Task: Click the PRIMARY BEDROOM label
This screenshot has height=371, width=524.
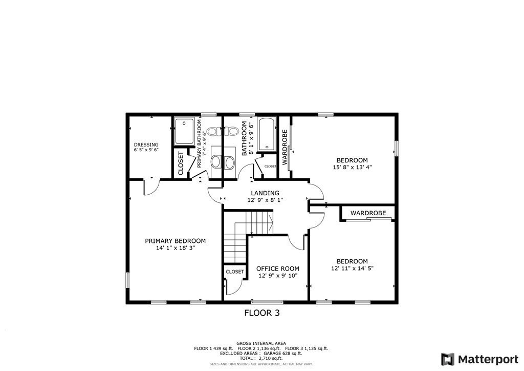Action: pos(175,241)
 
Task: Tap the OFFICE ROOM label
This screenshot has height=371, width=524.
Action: pos(277,269)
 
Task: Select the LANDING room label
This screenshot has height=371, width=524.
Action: pos(265,193)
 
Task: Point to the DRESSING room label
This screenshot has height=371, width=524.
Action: pos(146,145)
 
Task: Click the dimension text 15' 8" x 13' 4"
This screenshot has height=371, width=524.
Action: pos(352,167)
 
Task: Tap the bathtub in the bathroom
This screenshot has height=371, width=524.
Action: pos(267,135)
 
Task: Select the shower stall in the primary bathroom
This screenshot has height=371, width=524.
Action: pos(184,132)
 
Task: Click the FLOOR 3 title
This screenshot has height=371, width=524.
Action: pos(261,313)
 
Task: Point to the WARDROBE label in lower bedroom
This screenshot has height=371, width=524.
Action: pos(367,213)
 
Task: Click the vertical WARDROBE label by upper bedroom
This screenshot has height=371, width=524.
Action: pos(285,146)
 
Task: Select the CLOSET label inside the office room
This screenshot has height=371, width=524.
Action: pos(234,272)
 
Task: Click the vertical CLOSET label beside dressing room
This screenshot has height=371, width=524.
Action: pos(181,163)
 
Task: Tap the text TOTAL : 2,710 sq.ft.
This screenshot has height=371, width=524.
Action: pos(261,358)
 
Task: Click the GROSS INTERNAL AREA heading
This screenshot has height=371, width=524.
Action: pos(261,343)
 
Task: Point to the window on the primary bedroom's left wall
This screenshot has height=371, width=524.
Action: pos(127,280)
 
